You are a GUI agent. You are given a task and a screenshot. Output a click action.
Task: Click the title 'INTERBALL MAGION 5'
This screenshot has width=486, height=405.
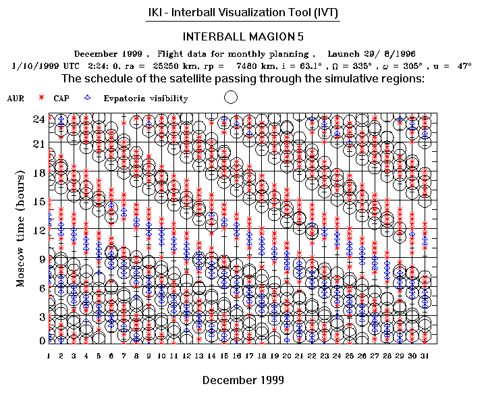click(x=243, y=36)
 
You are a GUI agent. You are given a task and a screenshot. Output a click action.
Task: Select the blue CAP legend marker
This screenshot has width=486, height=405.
click(x=87, y=99)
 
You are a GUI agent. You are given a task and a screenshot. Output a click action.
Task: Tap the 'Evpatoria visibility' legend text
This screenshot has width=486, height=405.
click(x=146, y=99)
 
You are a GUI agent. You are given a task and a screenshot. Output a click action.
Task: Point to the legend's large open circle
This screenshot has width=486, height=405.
click(x=230, y=97)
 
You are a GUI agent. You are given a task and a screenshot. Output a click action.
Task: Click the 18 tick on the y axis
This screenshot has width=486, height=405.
click(x=40, y=173)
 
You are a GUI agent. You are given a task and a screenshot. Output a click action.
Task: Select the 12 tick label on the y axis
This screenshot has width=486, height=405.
click(x=40, y=230)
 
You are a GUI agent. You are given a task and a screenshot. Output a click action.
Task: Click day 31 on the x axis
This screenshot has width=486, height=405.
click(x=424, y=355)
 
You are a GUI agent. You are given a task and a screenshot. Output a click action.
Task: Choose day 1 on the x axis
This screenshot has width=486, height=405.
click(x=49, y=355)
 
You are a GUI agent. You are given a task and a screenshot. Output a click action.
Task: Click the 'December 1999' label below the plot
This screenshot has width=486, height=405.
click(x=243, y=380)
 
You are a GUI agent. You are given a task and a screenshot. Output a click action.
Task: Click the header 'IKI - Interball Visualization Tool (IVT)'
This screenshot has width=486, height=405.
click(x=243, y=13)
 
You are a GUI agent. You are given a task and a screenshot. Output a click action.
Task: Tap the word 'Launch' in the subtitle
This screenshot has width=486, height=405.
click(x=344, y=54)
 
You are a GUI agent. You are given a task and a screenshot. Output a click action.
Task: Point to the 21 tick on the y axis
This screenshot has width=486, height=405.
click(x=40, y=144)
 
